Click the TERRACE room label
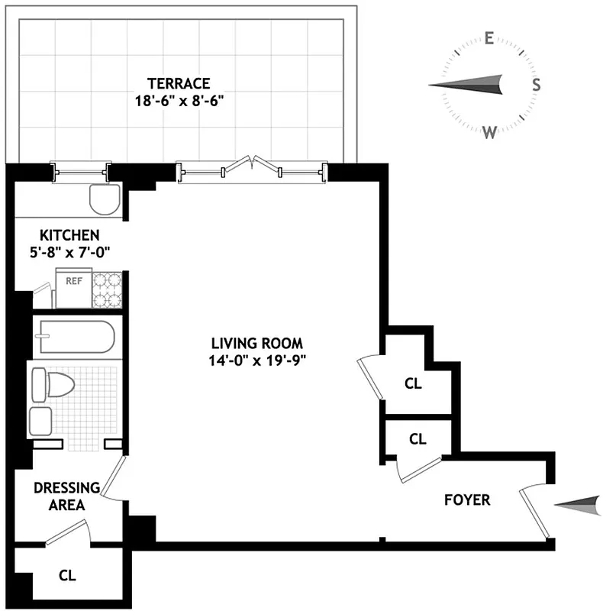(179, 83)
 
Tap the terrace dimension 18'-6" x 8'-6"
(179, 99)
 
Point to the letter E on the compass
(489, 39)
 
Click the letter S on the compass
(537, 85)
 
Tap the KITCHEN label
(69, 235)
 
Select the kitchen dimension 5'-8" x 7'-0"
(69, 252)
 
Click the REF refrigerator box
(74, 289)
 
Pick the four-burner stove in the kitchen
(107, 290)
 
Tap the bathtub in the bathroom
(74, 337)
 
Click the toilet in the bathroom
(57, 385)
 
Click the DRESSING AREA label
(66, 496)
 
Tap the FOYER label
(467, 501)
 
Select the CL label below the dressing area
(67, 574)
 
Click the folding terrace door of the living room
(253, 166)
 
